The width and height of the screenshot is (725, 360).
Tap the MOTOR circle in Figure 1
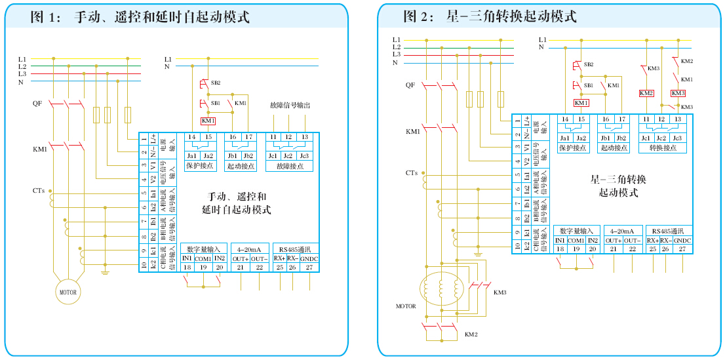[x=68, y=292]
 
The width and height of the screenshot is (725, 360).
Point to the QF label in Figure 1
[x=37, y=104]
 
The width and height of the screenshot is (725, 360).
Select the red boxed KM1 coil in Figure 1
[x=208, y=121]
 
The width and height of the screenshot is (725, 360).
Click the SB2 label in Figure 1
[x=216, y=83]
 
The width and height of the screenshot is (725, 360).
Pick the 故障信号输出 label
[x=289, y=105]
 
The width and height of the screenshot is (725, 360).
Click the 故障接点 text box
[x=289, y=167]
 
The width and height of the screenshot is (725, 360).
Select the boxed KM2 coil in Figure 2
[x=646, y=93]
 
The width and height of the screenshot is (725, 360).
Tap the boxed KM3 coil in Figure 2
[x=678, y=93]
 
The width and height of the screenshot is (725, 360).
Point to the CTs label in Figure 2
[x=411, y=173]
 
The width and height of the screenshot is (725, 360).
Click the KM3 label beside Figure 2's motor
[x=500, y=292]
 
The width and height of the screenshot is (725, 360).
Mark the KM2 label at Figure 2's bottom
[x=471, y=334]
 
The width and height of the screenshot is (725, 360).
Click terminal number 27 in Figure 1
[x=309, y=268]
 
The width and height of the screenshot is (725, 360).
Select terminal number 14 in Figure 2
[x=564, y=119]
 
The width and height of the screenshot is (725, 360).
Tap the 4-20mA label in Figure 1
[x=250, y=249]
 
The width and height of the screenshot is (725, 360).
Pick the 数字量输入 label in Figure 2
[x=577, y=231]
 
